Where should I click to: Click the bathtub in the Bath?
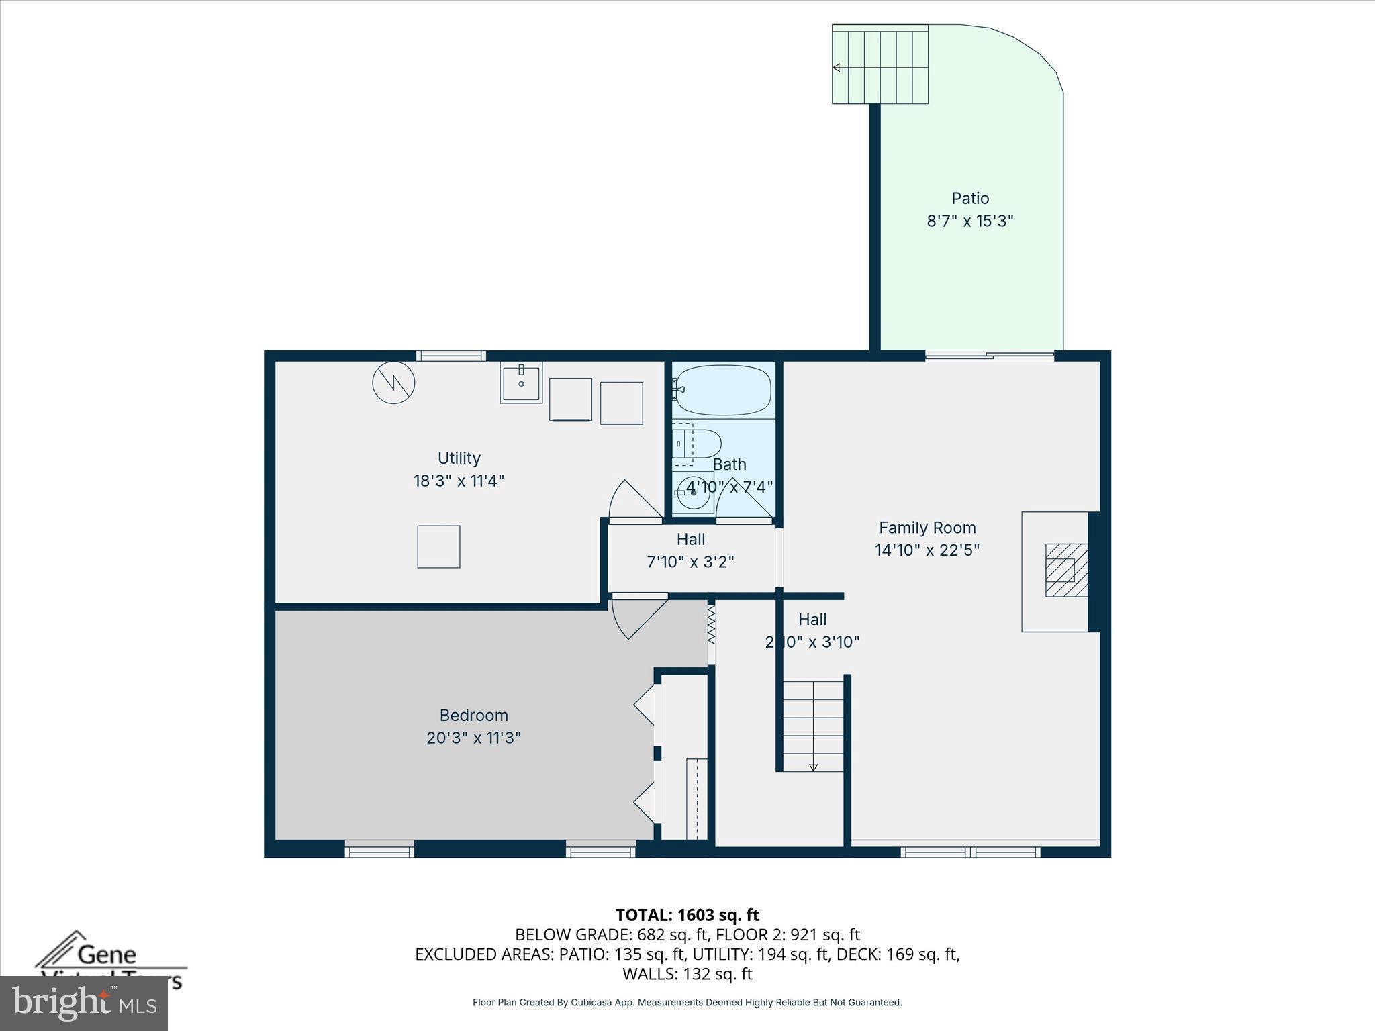tap(722, 390)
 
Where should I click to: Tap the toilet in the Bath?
tap(701, 444)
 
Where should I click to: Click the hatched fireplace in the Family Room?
tap(1065, 570)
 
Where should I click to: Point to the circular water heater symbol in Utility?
tap(393, 383)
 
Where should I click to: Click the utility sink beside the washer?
tap(521, 383)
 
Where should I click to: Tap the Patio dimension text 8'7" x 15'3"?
tap(969, 221)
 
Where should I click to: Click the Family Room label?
tap(927, 528)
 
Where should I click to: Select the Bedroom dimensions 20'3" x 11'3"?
tap(473, 738)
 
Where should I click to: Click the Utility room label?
tap(459, 458)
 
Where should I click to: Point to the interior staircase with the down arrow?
tap(813, 725)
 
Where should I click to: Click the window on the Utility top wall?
tap(451, 356)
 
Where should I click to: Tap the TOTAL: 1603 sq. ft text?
tap(687, 915)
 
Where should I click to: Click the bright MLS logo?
tap(83, 1003)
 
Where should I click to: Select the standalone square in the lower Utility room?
tap(438, 546)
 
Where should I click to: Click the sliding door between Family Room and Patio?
tap(989, 356)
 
